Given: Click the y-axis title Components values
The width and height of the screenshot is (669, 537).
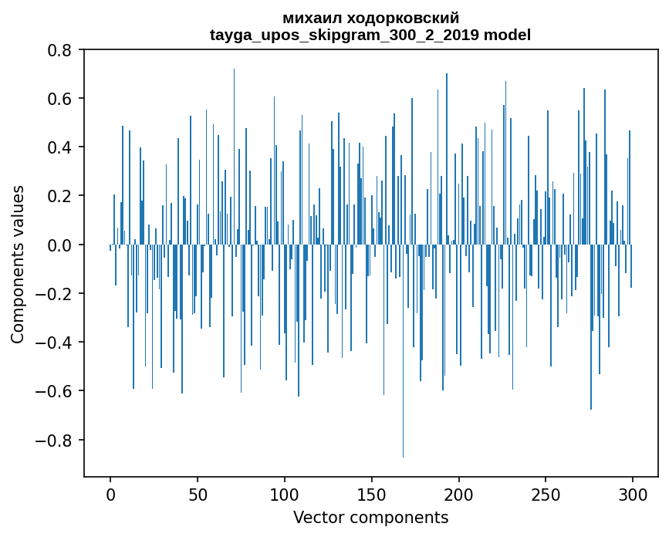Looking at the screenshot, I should pyautogui.click(x=18, y=264).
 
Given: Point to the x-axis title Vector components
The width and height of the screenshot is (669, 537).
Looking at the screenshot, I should pyautogui.click(x=370, y=518).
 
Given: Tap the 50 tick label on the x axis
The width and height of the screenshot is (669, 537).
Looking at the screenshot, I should pyautogui.click(x=198, y=495).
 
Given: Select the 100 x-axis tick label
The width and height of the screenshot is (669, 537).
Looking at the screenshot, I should pyautogui.click(x=285, y=495).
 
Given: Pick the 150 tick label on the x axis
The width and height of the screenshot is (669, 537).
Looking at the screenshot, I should pyautogui.click(x=372, y=495).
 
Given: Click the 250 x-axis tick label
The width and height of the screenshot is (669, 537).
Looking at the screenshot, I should pyautogui.click(x=546, y=495).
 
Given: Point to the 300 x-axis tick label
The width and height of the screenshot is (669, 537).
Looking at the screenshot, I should pyautogui.click(x=634, y=495).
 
